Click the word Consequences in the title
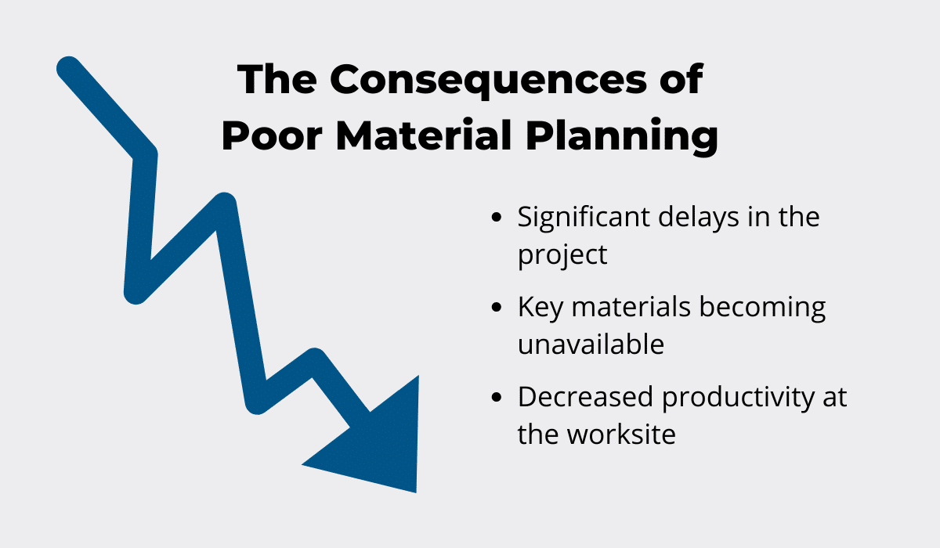click(488, 80)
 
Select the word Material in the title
click(424, 135)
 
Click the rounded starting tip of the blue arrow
click(68, 68)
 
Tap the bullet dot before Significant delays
click(497, 217)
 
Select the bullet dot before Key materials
click(497, 308)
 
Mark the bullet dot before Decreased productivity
click(497, 397)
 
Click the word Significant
click(584, 219)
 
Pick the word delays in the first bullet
click(698, 219)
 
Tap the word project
click(562, 256)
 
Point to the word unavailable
click(591, 344)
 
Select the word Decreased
click(585, 397)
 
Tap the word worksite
click(621, 434)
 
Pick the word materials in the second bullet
click(631, 308)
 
